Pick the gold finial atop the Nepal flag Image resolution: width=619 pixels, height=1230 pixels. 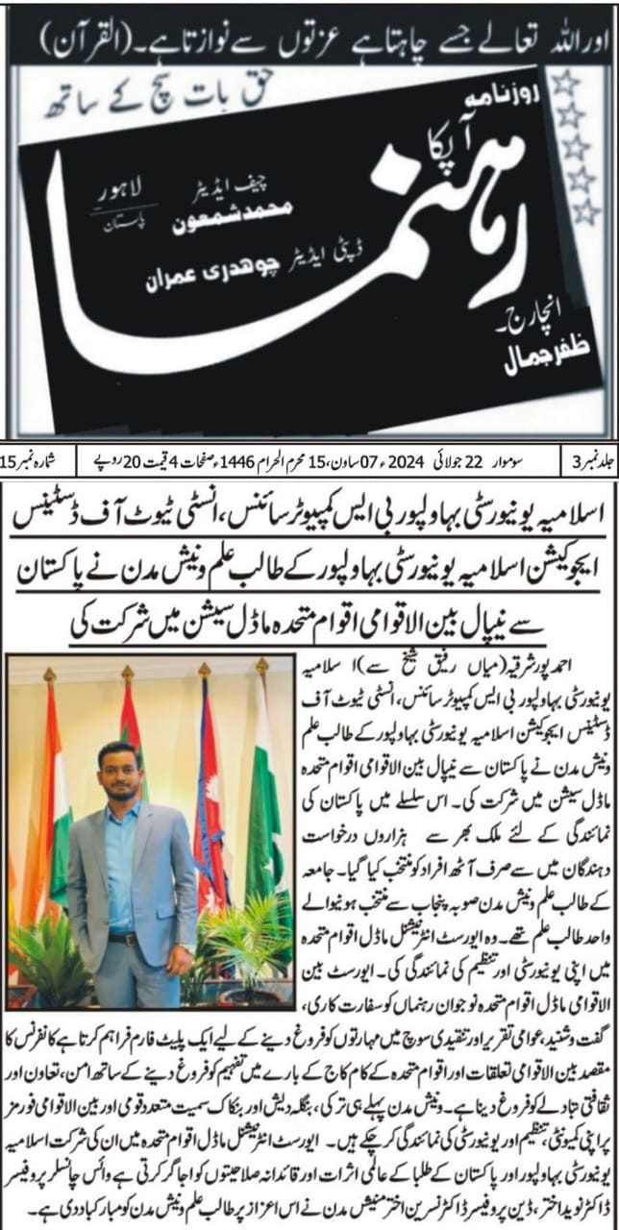coord(204,669)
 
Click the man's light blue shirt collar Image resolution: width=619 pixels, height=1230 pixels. coord(123,807)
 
